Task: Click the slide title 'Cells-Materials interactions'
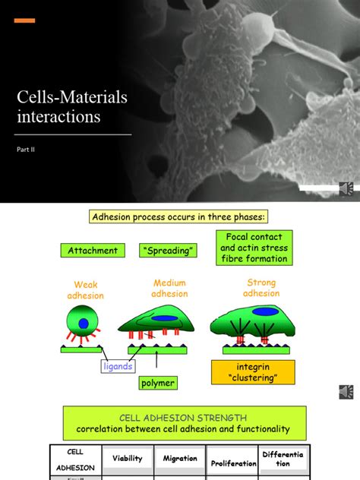pyautogui.click(x=72, y=107)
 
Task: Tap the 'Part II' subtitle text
pyautogui.click(x=27, y=150)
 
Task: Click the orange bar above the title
pyautogui.click(x=24, y=21)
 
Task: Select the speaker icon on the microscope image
pyautogui.click(x=346, y=188)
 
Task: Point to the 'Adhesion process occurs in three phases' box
pyautogui.click(x=178, y=217)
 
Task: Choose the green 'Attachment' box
pyautogui.click(x=93, y=251)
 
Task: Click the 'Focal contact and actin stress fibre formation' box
pyautogui.click(x=254, y=248)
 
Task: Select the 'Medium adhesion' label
pyautogui.click(x=169, y=289)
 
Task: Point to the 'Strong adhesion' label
pyautogui.click(x=261, y=289)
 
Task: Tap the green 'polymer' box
pyautogui.click(x=158, y=383)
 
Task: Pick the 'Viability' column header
pyautogui.click(x=128, y=458)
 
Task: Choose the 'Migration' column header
pyautogui.click(x=180, y=458)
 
